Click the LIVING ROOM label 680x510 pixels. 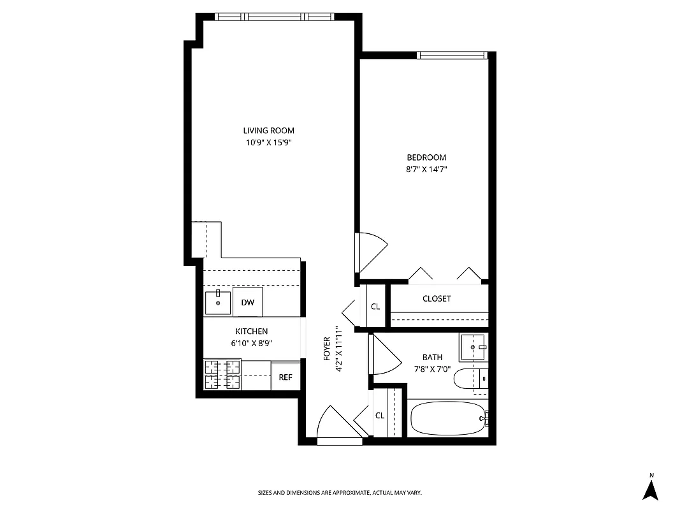[268, 131]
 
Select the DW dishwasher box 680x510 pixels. [248, 302]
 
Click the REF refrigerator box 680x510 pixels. [286, 377]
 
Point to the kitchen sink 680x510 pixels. [218, 302]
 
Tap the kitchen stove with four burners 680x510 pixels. [222, 374]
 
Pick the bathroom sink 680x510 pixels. [472, 347]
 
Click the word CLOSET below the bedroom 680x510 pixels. [437, 298]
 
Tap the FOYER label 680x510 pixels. [327, 349]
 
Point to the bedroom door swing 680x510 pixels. [373, 252]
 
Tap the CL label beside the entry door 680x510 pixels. [380, 416]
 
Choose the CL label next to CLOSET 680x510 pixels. [375, 307]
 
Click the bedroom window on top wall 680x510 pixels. [452, 55]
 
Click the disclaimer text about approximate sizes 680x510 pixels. [340, 493]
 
